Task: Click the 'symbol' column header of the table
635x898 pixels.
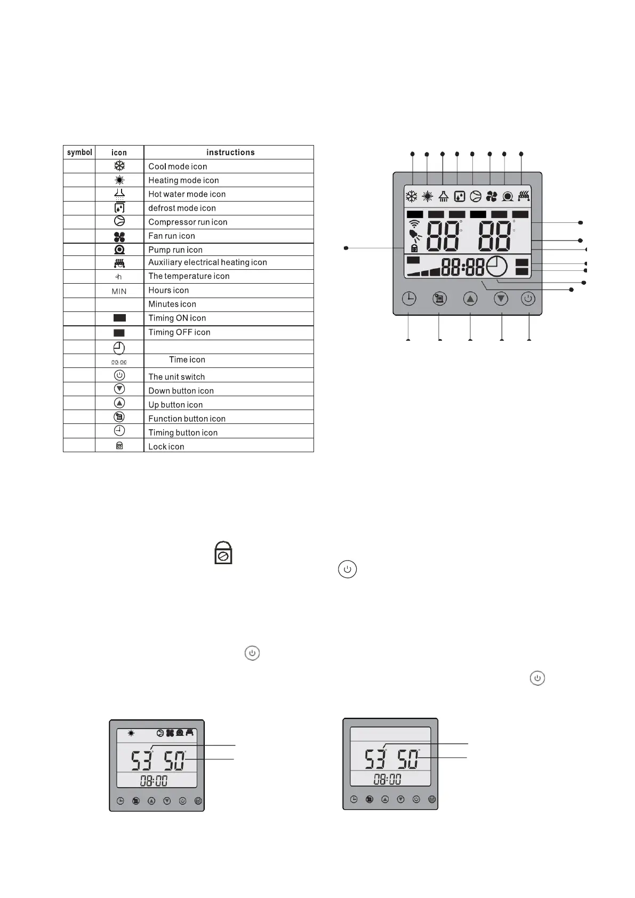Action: coord(79,153)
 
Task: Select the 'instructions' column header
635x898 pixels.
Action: coord(230,153)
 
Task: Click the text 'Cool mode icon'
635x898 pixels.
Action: coord(178,166)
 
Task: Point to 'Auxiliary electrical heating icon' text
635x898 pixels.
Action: coord(207,262)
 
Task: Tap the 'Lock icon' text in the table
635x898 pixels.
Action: coord(166,446)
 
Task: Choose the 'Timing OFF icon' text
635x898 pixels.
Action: coord(179,332)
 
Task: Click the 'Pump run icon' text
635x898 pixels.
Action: coord(175,250)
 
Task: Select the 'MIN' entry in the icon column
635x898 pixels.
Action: coord(119,291)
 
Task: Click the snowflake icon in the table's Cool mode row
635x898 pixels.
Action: coord(119,166)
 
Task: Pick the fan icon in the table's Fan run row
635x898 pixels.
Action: coord(119,236)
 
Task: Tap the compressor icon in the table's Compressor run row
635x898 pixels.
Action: coord(119,222)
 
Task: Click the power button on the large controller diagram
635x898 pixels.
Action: coord(528,299)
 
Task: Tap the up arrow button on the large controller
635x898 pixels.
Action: coord(470,299)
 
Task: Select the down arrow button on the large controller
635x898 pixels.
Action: coord(501,299)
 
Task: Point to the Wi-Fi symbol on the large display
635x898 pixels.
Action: coord(414,224)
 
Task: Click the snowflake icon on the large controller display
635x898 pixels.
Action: coord(412,196)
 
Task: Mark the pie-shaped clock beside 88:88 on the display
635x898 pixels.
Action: coord(496,266)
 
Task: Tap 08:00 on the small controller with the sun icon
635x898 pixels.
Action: coord(154,781)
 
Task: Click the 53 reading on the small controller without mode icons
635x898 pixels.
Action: coord(375,759)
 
